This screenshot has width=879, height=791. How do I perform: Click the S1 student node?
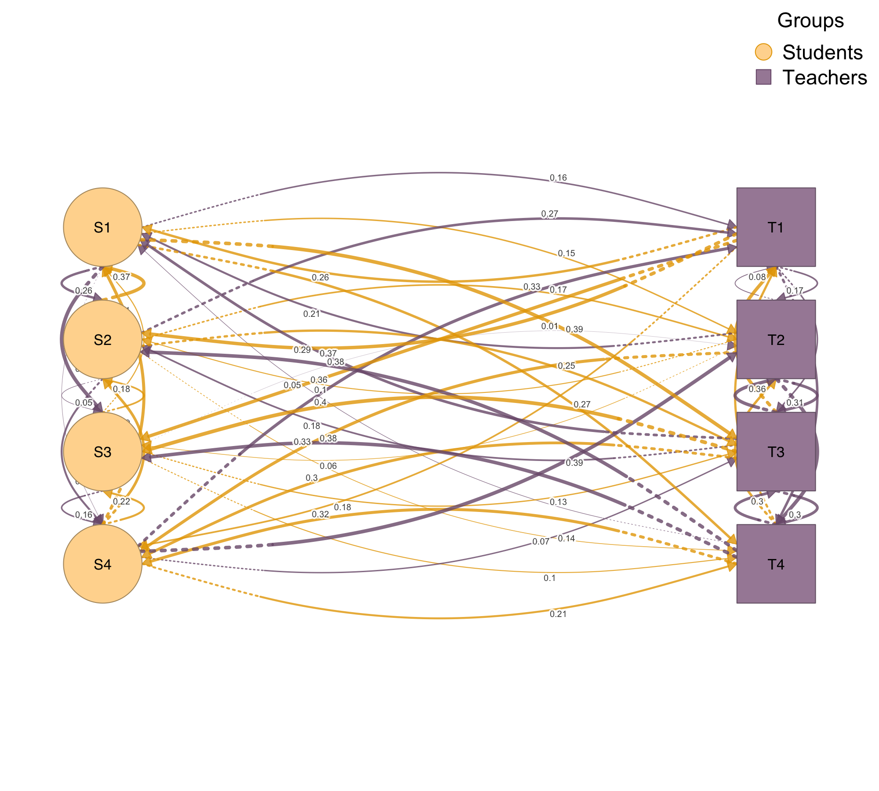pos(102,227)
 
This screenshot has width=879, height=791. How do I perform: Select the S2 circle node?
pos(102,339)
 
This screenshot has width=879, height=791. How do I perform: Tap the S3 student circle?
pos(102,452)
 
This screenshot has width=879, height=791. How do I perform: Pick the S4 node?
pos(102,564)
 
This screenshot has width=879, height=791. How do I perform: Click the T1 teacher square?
pos(776,227)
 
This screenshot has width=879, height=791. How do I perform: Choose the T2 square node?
pos(776,339)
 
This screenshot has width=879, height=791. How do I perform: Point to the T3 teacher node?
pos(776,452)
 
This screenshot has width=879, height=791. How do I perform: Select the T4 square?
pos(776,564)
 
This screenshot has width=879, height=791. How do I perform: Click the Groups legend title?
pos(810,21)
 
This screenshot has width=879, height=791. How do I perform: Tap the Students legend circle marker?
pos(763,52)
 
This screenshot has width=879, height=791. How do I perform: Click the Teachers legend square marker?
pos(763,77)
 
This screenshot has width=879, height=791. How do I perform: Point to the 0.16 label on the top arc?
pos(558,178)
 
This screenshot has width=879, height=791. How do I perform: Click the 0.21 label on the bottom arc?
pos(558,614)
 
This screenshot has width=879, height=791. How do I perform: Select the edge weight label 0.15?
pos(567,254)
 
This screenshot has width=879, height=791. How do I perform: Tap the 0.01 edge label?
pos(549,327)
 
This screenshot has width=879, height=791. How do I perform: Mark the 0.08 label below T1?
pos(757,277)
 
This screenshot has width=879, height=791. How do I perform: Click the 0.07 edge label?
pos(541,542)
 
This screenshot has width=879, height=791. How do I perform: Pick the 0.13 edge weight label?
pos(558,502)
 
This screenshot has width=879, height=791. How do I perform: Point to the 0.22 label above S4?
pos(122,501)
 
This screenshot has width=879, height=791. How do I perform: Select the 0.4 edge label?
pos(320,402)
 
